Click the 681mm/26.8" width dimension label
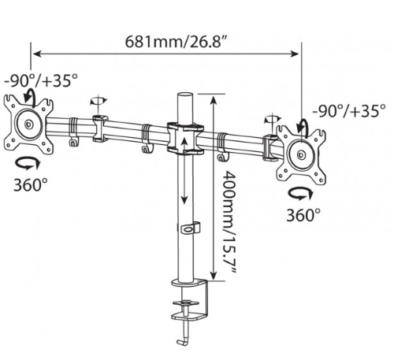click(177, 42)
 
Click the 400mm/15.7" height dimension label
click(228, 222)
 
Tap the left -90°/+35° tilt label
click(41, 80)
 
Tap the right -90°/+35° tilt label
click(349, 111)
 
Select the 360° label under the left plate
click(31, 184)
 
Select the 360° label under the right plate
click(303, 215)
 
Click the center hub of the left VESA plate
click(28, 124)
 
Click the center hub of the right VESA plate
click(302, 154)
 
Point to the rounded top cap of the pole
click(185, 95)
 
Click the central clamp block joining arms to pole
click(185, 138)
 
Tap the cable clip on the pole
click(190, 228)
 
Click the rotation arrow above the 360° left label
click(28, 163)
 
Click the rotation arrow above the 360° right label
click(300, 194)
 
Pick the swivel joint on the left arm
click(100, 128)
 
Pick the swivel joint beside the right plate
click(270, 147)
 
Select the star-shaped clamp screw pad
click(186, 302)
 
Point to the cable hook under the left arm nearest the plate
click(74, 142)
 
